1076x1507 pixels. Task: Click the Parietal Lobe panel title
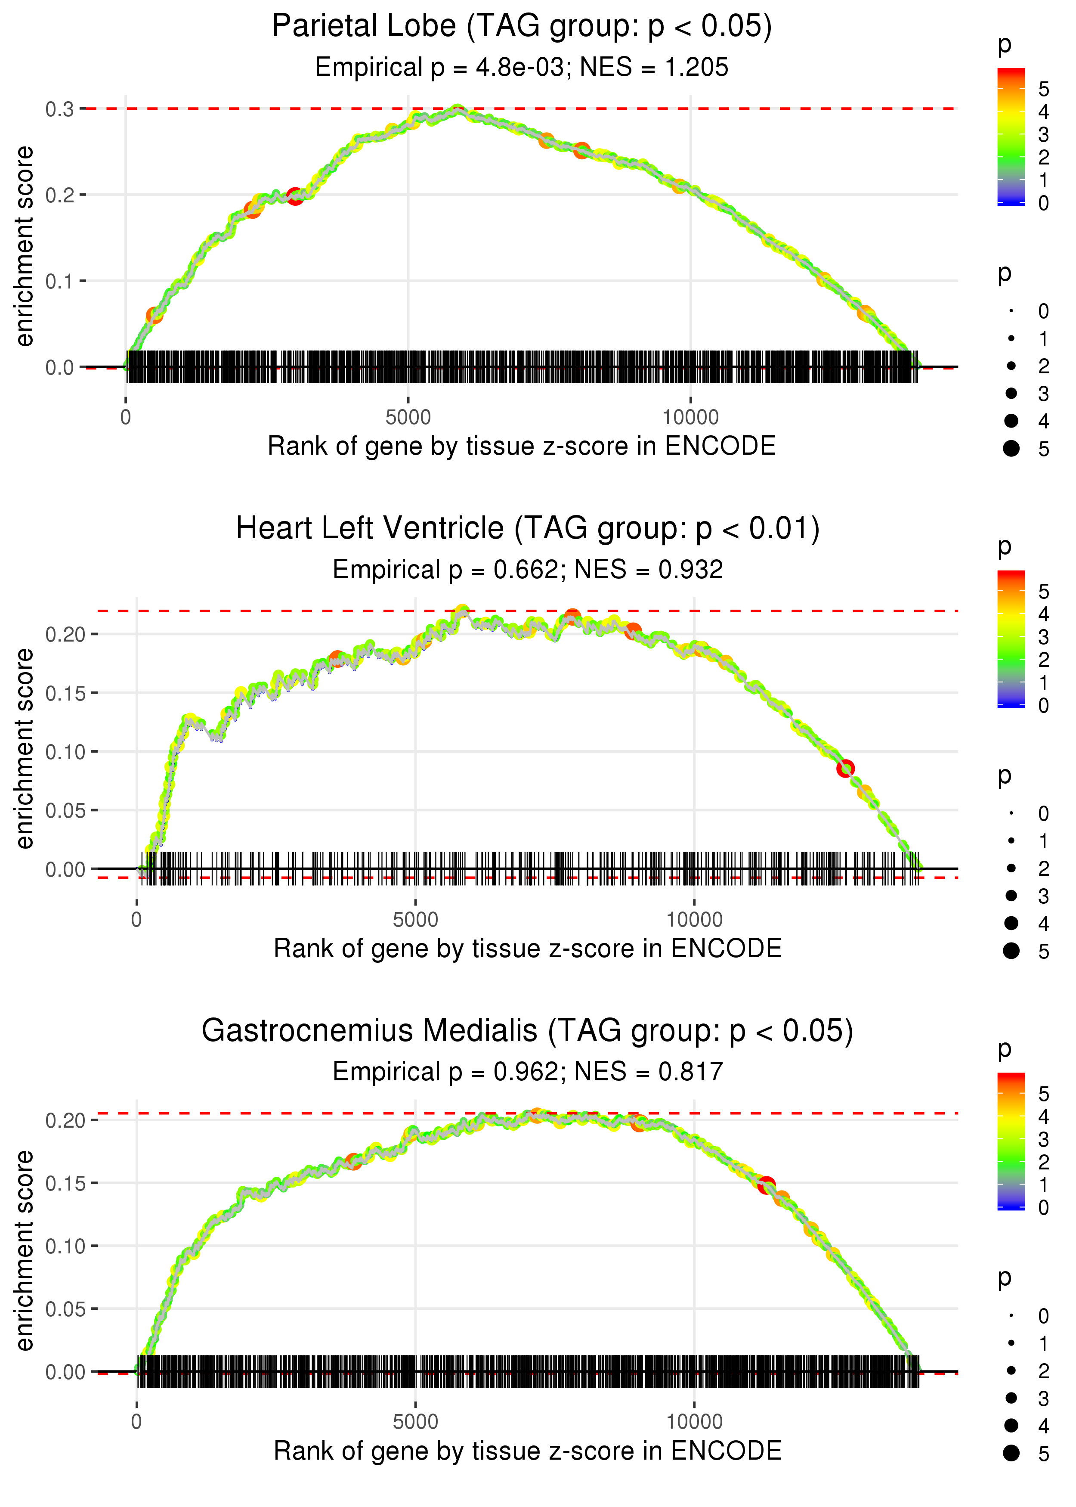522,27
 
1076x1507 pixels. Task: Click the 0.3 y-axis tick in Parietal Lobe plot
60,109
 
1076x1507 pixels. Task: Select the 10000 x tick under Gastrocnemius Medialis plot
694,1421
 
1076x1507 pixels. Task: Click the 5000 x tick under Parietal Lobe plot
408,418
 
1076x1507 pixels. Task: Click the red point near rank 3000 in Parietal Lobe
295,196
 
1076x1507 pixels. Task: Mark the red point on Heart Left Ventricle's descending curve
845,769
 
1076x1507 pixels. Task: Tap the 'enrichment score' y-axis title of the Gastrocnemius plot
25,1250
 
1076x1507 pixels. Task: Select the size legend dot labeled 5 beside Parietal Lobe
1011,449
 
